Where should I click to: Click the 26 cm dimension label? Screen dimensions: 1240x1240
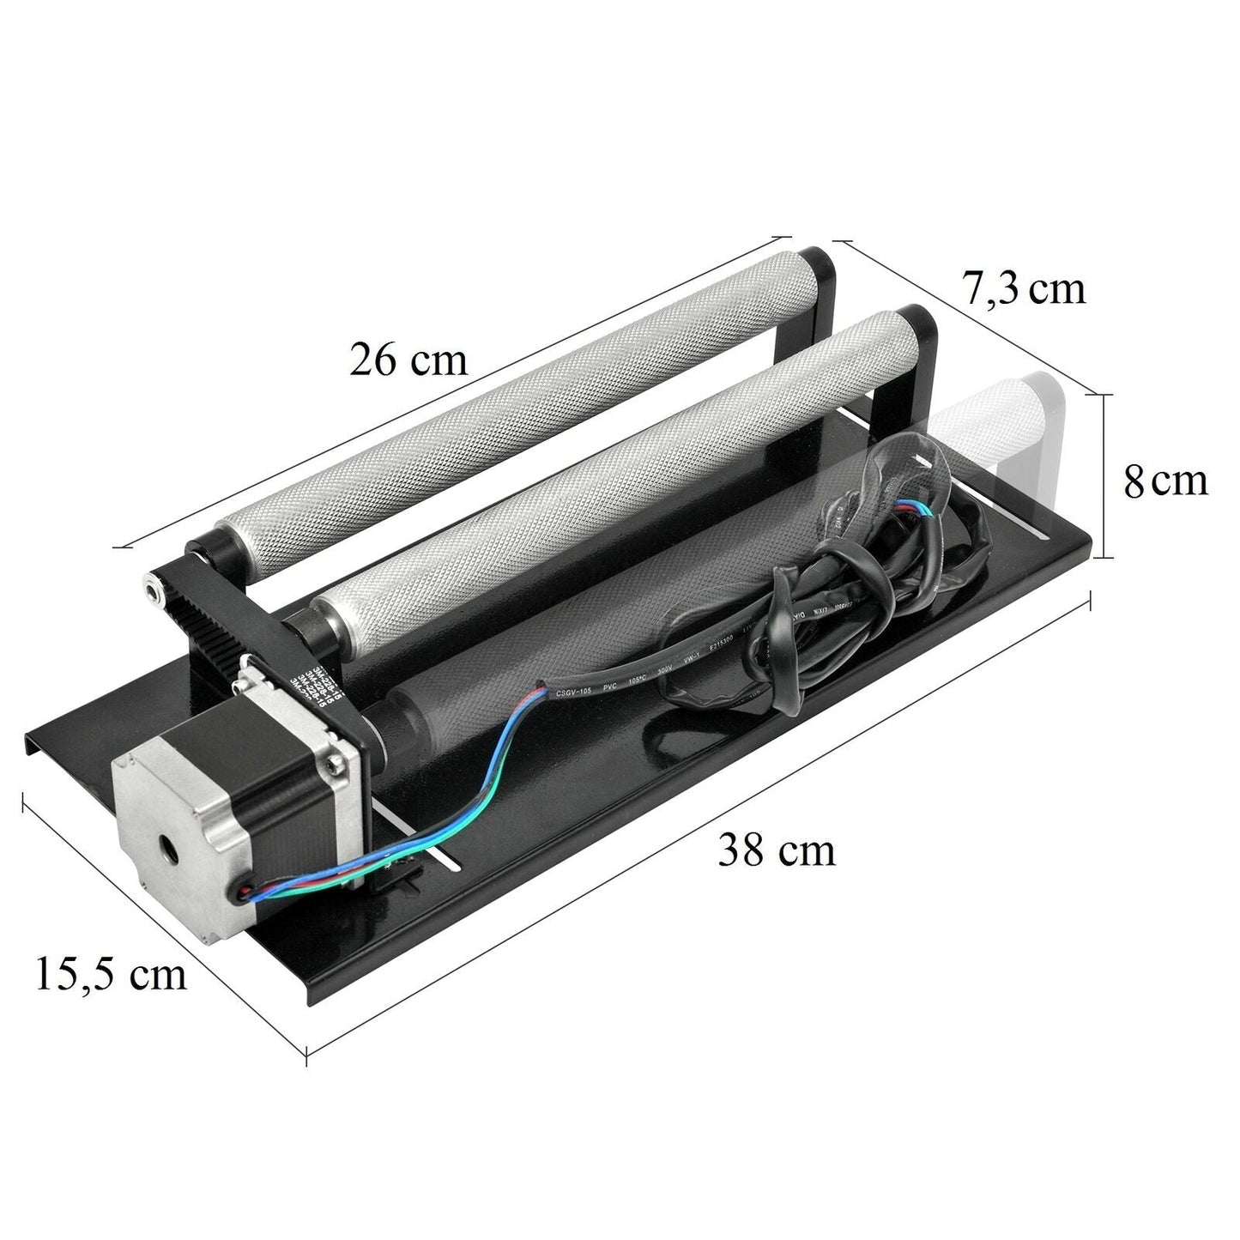click(x=408, y=360)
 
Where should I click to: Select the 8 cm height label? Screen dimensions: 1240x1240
click(x=1165, y=481)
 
